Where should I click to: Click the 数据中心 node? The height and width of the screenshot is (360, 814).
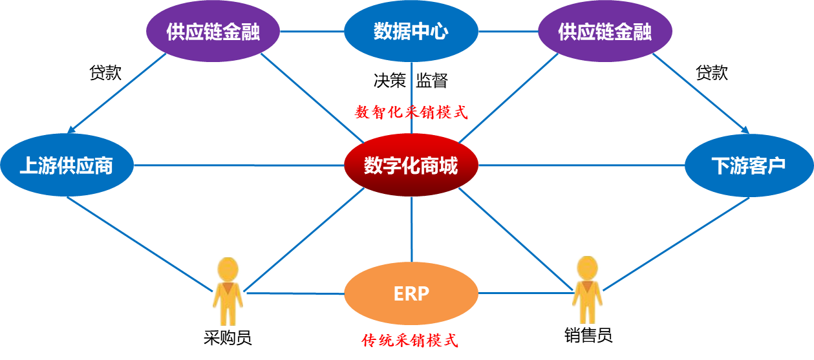(x=411, y=32)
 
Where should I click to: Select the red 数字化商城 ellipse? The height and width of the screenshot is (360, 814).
(x=411, y=165)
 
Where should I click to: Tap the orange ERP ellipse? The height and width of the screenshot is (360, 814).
(x=411, y=293)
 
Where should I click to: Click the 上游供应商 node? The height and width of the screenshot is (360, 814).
(x=67, y=165)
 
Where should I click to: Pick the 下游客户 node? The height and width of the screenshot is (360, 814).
(x=749, y=165)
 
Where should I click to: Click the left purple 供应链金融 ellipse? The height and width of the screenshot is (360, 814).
(x=213, y=32)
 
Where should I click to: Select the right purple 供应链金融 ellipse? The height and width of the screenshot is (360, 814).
(x=605, y=32)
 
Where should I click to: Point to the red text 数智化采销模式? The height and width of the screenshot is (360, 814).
(x=411, y=112)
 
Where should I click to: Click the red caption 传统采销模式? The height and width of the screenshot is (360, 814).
(x=410, y=341)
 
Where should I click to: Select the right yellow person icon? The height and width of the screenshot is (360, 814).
(x=586, y=290)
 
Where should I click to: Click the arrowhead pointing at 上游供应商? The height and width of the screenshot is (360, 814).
(x=72, y=129)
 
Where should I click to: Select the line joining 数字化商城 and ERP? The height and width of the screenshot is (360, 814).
(x=412, y=229)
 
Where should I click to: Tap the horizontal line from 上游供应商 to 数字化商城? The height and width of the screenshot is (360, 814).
(x=239, y=165)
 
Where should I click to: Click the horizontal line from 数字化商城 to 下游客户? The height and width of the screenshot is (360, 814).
(x=582, y=165)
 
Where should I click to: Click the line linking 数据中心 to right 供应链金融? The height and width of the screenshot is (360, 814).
(x=508, y=31)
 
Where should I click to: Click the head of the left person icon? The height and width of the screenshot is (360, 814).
(x=228, y=268)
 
